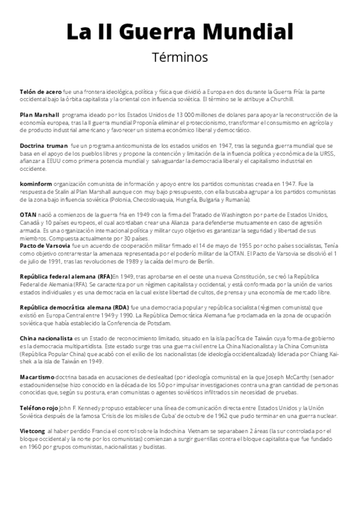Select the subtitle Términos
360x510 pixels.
point(180,58)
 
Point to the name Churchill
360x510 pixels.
point(281,97)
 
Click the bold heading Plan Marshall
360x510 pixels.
point(40,114)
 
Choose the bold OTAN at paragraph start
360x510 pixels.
point(29,215)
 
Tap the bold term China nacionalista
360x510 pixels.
point(46,339)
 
